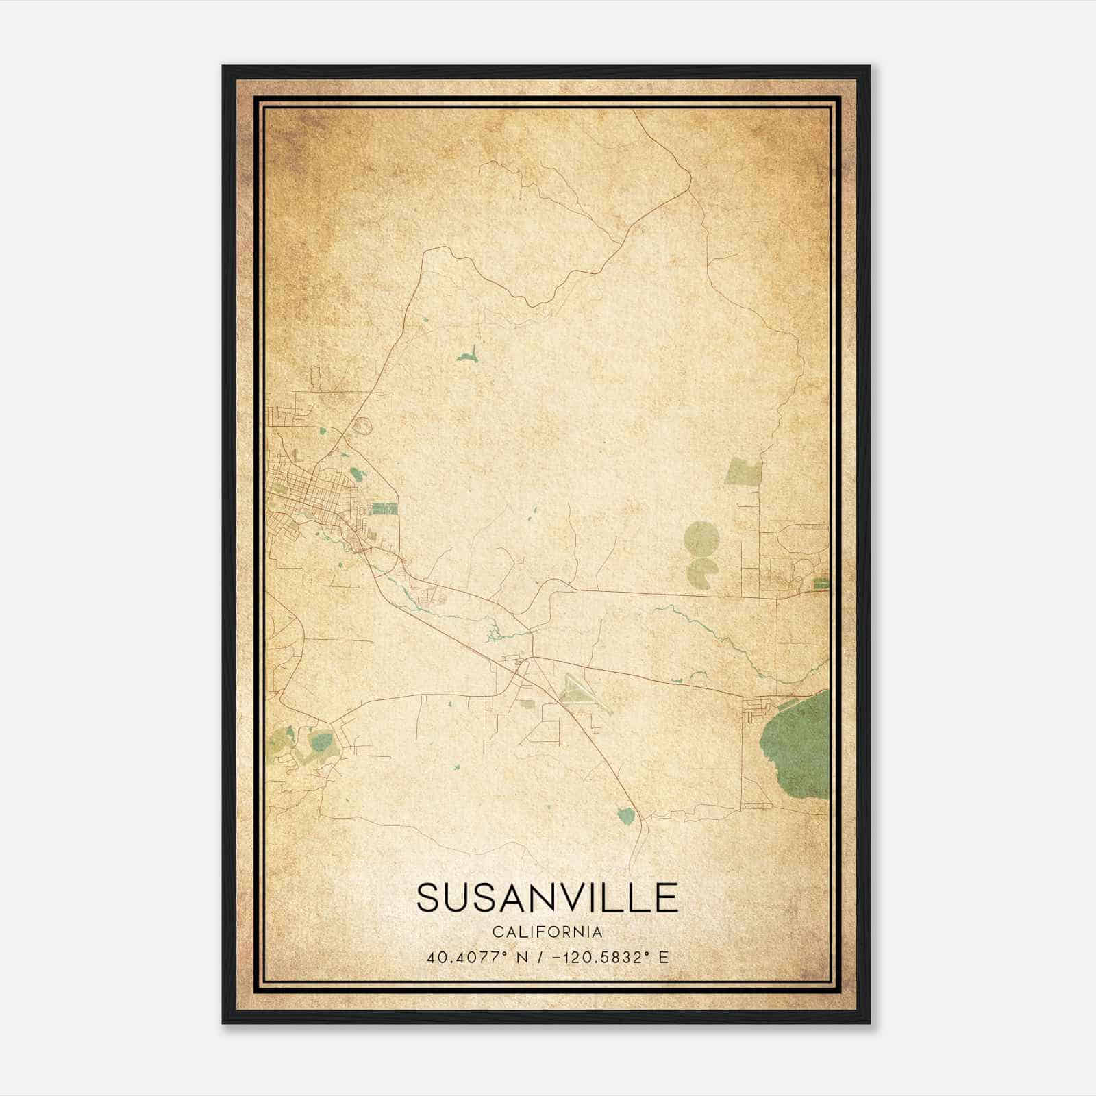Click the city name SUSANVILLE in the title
point(547,897)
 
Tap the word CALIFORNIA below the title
point(547,932)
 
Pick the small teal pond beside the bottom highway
point(625,815)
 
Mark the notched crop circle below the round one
point(703,569)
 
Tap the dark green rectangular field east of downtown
point(384,508)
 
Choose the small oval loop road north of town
point(361,425)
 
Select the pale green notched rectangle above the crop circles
point(743,472)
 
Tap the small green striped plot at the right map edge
point(820,584)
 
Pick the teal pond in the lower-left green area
point(320,742)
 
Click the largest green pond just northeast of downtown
point(355,473)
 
